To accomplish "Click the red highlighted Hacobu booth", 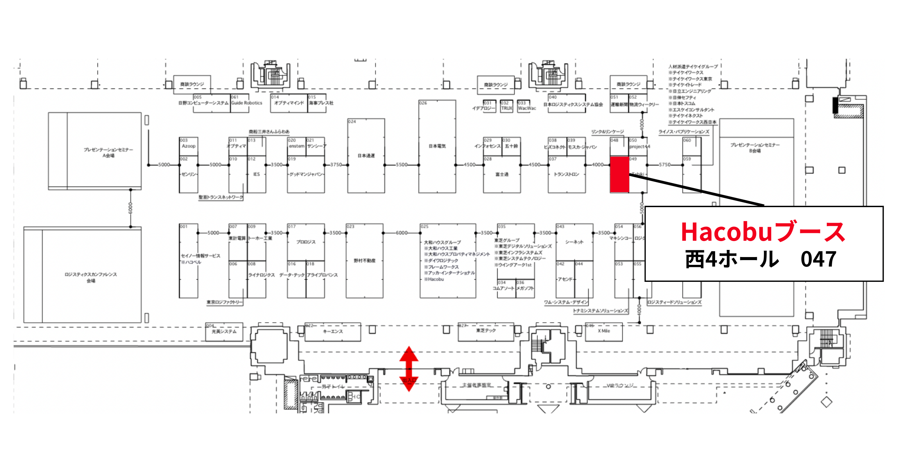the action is tap(619, 174).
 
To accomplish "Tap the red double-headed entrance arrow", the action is tap(409, 368).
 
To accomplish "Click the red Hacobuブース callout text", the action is tap(763, 232).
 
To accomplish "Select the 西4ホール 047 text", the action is tap(761, 259).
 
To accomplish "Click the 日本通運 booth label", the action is tap(366, 156).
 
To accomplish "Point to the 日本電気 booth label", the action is tap(437, 146).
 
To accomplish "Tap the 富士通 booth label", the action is tap(502, 174).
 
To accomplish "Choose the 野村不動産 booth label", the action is tap(365, 261).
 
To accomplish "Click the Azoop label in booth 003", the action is tap(189, 146).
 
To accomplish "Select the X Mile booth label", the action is tap(604, 331).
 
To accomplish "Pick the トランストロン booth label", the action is tap(567, 174).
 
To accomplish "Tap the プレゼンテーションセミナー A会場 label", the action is tap(108, 153).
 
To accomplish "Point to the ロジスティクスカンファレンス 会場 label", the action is tap(91, 277).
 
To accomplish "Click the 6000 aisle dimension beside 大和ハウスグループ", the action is tap(401, 233).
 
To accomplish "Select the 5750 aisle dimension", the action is tap(665, 165).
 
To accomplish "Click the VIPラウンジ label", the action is tap(620, 386).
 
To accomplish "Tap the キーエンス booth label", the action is tap(332, 331).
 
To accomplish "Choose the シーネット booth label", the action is tap(574, 242).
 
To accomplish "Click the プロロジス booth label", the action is tap(306, 242).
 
